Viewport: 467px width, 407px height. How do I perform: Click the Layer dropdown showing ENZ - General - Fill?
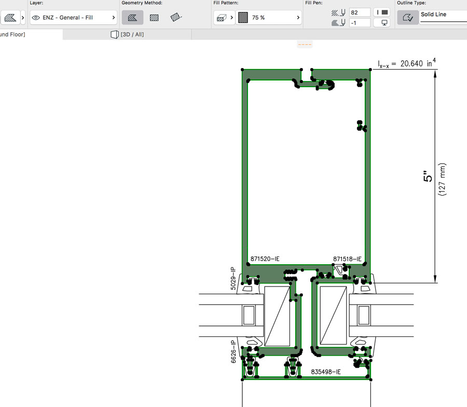[x=73, y=18]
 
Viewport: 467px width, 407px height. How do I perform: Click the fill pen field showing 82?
[x=360, y=12]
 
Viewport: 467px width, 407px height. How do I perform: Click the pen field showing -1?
[x=360, y=23]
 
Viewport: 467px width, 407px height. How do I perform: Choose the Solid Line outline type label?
[x=433, y=15]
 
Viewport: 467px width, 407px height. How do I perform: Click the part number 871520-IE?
[x=265, y=259]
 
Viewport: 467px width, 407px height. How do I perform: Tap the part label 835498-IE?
[x=325, y=372]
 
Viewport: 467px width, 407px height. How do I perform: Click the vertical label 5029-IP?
[x=233, y=279]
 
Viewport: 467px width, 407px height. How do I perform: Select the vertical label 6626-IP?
[x=233, y=351]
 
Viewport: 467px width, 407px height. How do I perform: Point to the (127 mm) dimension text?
[x=443, y=179]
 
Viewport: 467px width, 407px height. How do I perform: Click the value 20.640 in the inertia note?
[x=413, y=64]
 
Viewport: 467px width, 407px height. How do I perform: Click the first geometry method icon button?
[x=132, y=18]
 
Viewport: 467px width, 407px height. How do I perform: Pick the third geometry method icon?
[x=176, y=18]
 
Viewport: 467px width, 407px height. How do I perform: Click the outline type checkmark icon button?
[x=407, y=18]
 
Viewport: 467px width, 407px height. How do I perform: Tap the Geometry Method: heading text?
[x=142, y=3]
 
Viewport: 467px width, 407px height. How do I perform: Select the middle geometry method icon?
[x=154, y=18]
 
